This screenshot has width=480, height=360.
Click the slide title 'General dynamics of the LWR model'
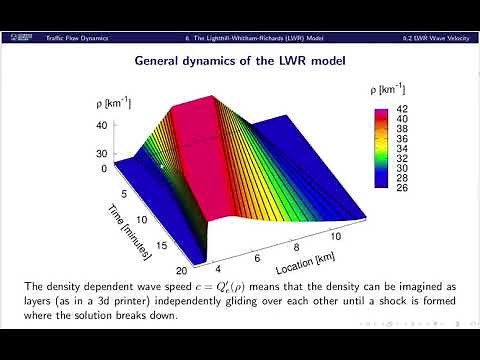pyautogui.click(x=240, y=61)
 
